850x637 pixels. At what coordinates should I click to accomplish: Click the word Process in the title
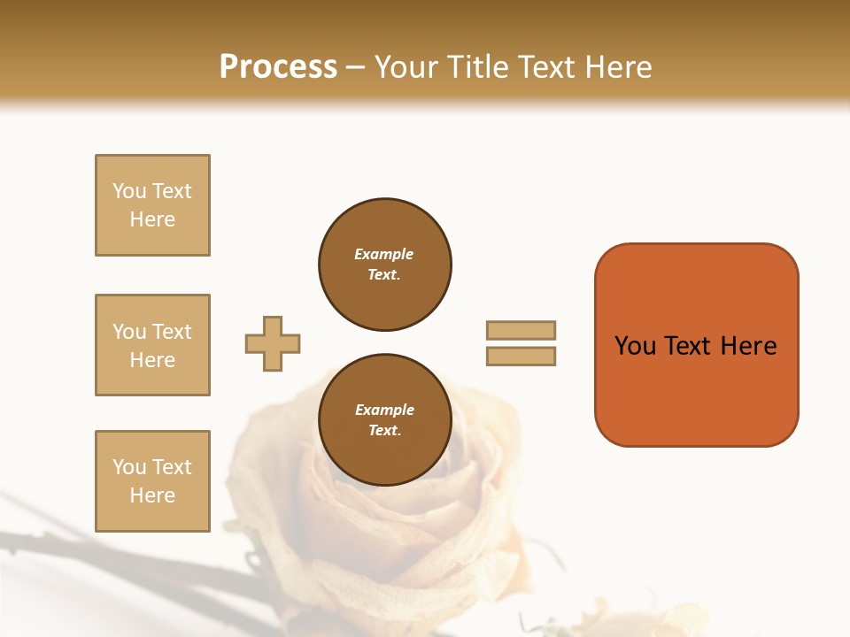(x=278, y=67)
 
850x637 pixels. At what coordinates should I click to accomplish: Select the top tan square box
(x=152, y=205)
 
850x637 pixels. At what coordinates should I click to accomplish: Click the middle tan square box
(x=152, y=345)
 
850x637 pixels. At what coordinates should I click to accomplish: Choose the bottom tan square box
(x=152, y=481)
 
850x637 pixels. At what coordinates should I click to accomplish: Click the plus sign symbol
(x=273, y=344)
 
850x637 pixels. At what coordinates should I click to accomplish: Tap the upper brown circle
(x=385, y=265)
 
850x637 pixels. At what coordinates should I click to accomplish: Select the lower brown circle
(x=385, y=420)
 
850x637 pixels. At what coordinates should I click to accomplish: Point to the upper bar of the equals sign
(x=521, y=330)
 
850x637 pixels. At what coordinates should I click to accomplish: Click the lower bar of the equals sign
(x=521, y=357)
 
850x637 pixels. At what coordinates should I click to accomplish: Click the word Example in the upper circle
(x=383, y=254)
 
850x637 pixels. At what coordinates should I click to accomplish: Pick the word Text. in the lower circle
(x=384, y=431)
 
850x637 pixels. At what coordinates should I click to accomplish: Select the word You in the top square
(x=129, y=191)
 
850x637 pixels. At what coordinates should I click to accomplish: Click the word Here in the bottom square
(x=152, y=495)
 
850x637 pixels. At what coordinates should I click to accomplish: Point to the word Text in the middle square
(x=172, y=332)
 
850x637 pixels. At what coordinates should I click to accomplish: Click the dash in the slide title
(x=356, y=67)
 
